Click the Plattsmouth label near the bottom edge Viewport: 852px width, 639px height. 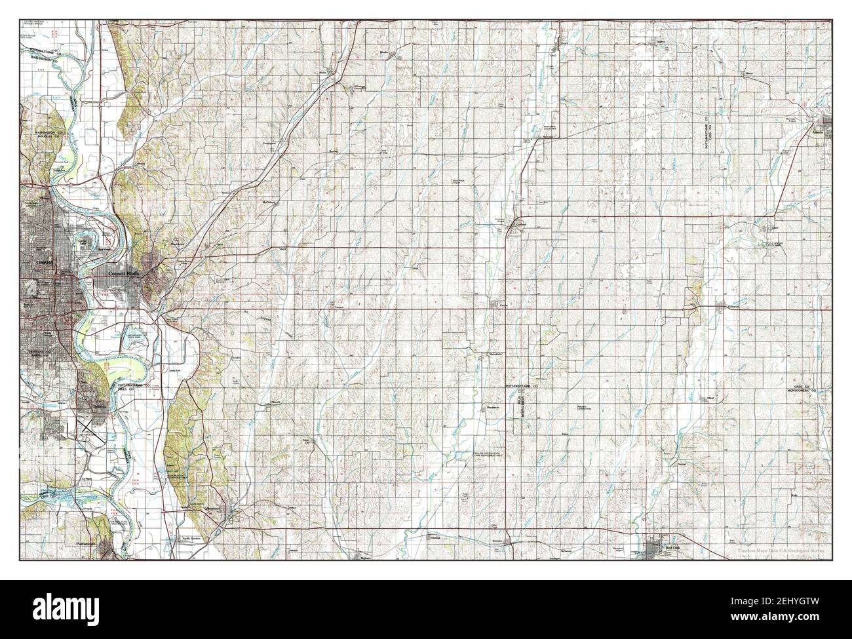(x=87, y=544)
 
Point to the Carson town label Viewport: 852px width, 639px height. (x=503, y=305)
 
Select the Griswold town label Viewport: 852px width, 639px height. (x=735, y=306)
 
